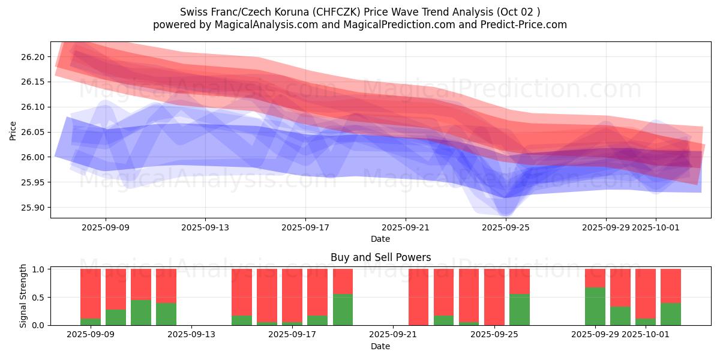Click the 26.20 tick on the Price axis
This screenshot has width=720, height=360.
pyautogui.click(x=35, y=57)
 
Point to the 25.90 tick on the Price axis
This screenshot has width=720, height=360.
pyautogui.click(x=35, y=208)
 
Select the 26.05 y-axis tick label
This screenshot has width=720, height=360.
pyautogui.click(x=35, y=132)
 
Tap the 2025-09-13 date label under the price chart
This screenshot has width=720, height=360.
pyautogui.click(x=205, y=227)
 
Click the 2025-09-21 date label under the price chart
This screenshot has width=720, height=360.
pyautogui.click(x=406, y=227)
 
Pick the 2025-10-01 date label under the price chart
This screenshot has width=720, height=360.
pyautogui.click(x=655, y=227)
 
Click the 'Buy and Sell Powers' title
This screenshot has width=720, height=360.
pyautogui.click(x=380, y=257)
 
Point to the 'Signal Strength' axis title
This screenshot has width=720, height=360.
pyautogui.click(x=23, y=296)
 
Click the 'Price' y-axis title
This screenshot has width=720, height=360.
pyautogui.click(x=13, y=130)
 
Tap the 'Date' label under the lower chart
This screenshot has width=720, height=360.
pyautogui.click(x=380, y=346)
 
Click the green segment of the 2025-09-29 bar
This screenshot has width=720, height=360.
pyautogui.click(x=595, y=307)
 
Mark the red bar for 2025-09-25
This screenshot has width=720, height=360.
pyautogui.click(x=494, y=296)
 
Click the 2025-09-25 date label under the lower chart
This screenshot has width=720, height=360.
pyautogui.click(x=494, y=335)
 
